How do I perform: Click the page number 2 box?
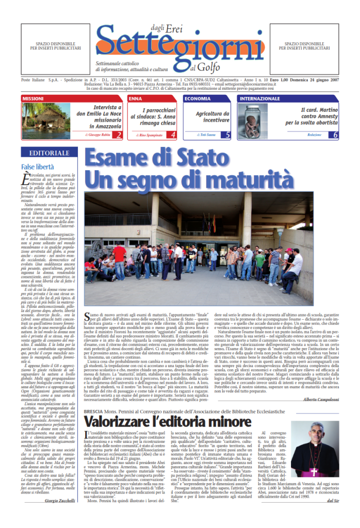pyautogui.click(x=118, y=135)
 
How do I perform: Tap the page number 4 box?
pyautogui.click(x=173, y=135)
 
